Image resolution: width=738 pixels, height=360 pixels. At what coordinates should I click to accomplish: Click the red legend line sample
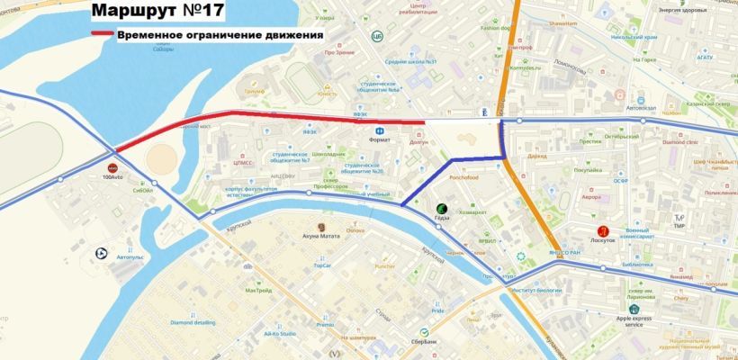[x=101, y=35]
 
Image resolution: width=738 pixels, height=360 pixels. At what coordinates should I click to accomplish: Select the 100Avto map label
[x=113, y=177]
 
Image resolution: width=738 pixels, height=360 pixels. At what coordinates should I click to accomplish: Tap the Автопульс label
[x=130, y=256]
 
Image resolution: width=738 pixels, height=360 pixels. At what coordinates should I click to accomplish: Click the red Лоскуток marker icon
[x=616, y=231]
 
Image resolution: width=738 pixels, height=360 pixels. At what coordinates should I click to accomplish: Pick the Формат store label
[x=380, y=139]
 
